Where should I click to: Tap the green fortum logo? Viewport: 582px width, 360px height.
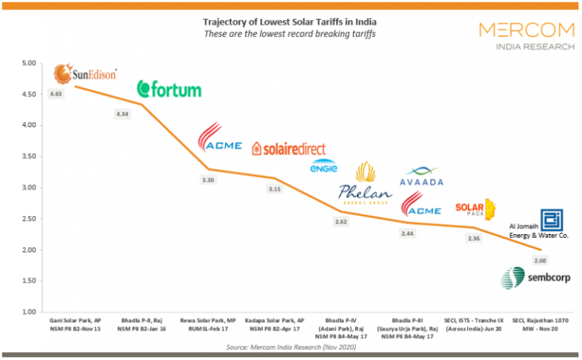coord(170,89)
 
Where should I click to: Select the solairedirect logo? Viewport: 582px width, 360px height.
coord(289,148)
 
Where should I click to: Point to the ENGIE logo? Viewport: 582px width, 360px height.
coord(324,167)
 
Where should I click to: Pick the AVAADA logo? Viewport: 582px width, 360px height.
coord(422,177)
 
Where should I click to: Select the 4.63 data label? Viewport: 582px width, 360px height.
coord(57,94)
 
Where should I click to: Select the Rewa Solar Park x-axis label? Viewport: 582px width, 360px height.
coord(212,325)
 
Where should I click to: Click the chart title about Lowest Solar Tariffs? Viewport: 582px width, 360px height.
coord(291,20)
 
